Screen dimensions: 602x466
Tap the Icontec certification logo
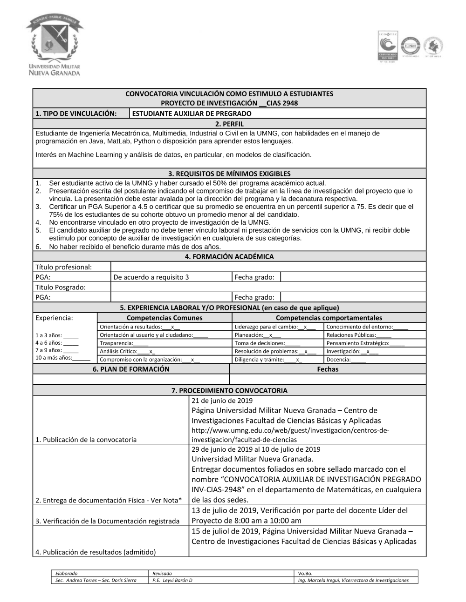[387, 46]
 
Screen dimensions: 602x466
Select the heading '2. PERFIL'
[229, 124]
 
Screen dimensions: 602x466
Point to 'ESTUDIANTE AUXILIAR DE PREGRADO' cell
[192, 114]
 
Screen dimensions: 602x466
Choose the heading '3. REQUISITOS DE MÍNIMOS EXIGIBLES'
[229, 174]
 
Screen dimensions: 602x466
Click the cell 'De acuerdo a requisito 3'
[151, 277]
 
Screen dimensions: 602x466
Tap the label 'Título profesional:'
[64, 267]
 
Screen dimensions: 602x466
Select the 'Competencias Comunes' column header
[164, 318]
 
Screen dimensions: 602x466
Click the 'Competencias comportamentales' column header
[329, 318]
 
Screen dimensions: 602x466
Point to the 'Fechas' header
[328, 369]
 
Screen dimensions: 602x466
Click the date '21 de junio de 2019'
[222, 401]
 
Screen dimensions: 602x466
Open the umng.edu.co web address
[290, 435]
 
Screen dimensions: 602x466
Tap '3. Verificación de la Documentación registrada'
[107, 521]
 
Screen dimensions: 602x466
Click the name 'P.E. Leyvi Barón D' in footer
[172, 580]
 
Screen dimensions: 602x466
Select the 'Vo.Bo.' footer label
[305, 574]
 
